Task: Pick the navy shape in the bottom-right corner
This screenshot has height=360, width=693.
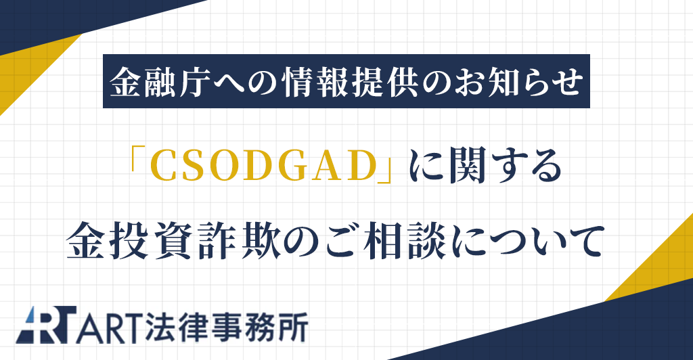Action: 609,332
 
